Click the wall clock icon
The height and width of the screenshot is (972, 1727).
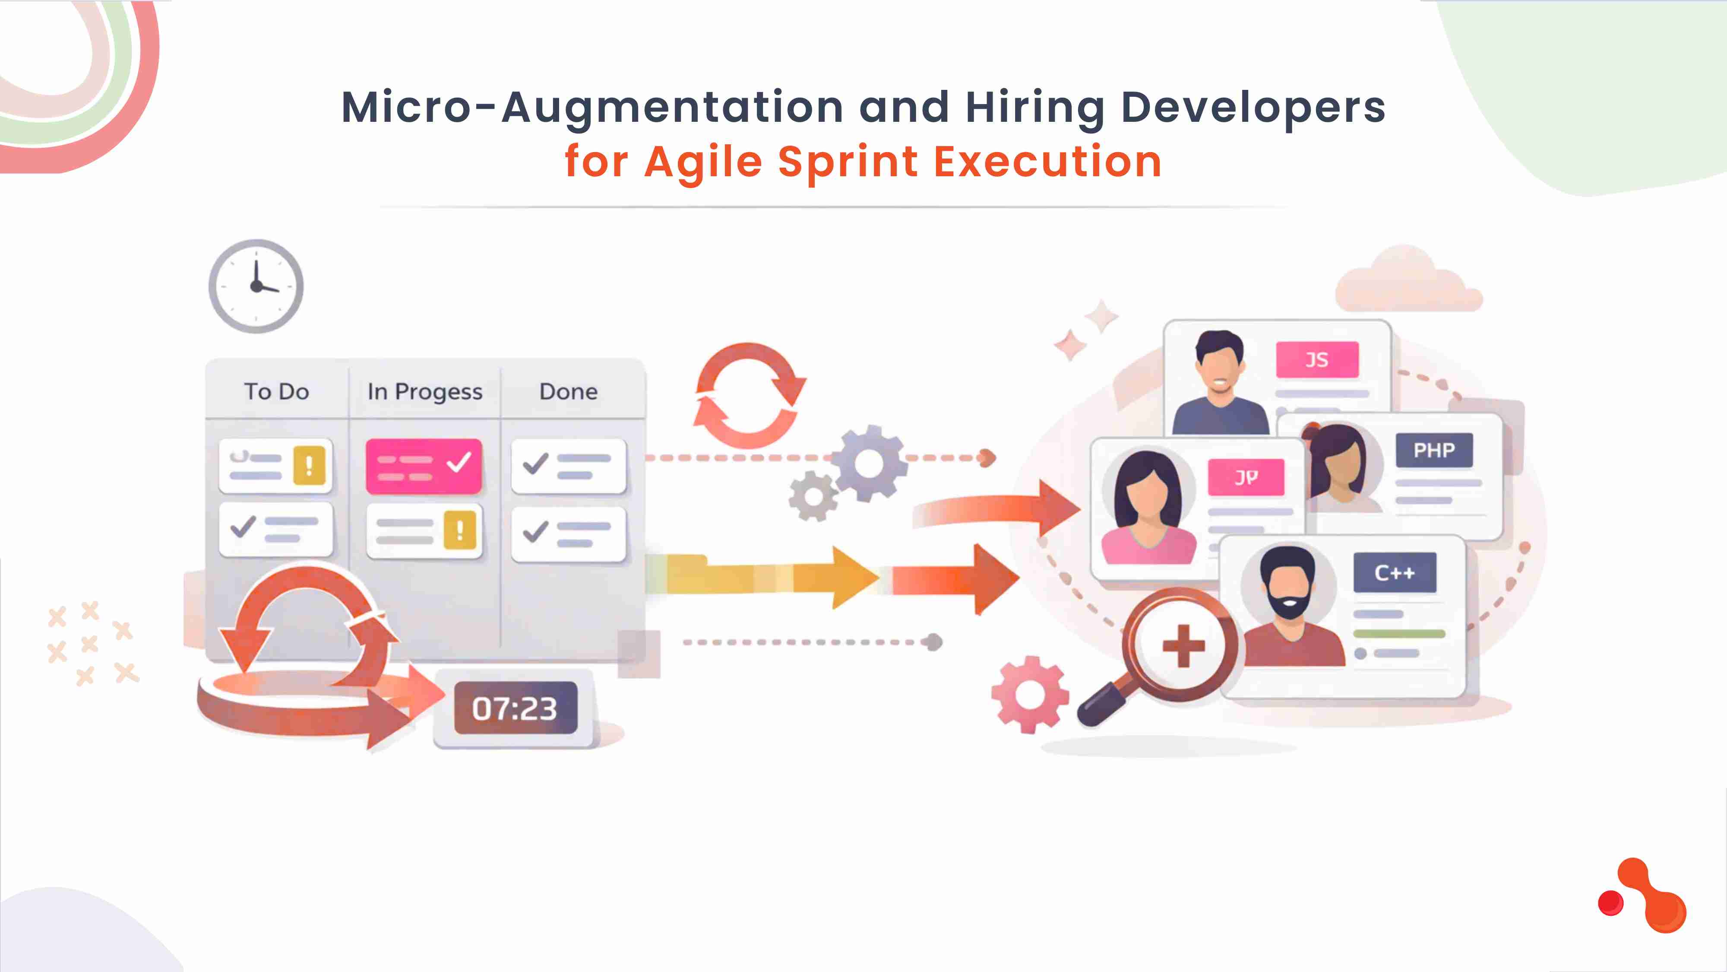pyautogui.click(x=256, y=286)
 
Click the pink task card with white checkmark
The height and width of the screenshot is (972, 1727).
pyautogui.click(x=424, y=466)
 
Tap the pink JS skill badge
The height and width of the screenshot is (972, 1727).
pyautogui.click(x=1317, y=359)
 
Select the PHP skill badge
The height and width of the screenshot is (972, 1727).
pyautogui.click(x=1434, y=450)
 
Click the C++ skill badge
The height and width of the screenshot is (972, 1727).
pyautogui.click(x=1395, y=573)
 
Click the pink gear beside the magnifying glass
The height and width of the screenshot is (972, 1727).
pyautogui.click(x=1029, y=694)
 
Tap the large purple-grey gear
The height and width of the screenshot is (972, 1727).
pyautogui.click(x=869, y=463)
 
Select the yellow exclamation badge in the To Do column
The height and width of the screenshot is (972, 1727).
pyautogui.click(x=309, y=466)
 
